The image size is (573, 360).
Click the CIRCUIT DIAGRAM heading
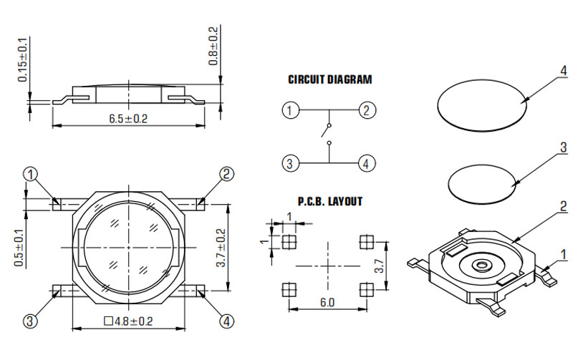click(330, 79)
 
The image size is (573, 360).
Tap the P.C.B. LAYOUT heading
click(330, 201)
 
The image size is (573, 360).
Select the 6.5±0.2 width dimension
click(128, 119)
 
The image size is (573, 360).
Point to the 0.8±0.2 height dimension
click(213, 46)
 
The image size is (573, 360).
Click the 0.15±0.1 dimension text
click(23, 59)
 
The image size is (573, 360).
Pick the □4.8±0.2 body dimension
click(129, 321)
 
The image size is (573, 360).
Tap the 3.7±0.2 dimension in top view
click(221, 248)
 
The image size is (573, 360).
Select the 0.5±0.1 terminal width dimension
click(19, 248)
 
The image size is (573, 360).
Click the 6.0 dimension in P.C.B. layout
click(327, 302)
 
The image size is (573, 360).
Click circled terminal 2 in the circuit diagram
click(367, 110)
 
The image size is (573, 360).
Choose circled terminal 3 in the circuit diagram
click(290, 163)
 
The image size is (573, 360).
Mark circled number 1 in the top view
click(31, 175)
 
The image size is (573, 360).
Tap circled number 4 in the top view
click(226, 321)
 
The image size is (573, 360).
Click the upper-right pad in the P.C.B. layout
click(367, 241)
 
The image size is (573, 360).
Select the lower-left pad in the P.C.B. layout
click(289, 290)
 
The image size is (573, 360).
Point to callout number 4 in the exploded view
click(563, 70)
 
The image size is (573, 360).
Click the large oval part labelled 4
click(482, 104)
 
